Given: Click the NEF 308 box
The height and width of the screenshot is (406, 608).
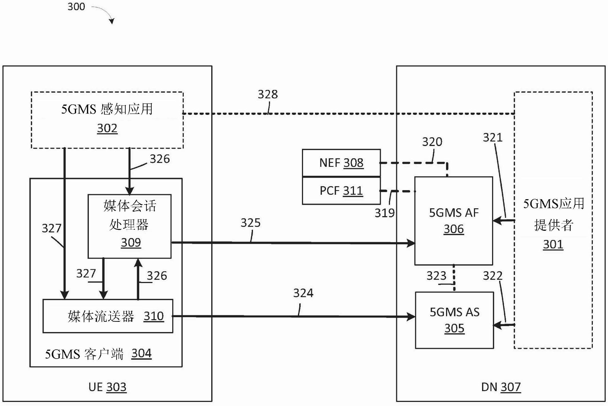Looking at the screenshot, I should pos(341,163).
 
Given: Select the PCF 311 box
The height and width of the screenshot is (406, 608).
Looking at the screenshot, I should pos(341,191).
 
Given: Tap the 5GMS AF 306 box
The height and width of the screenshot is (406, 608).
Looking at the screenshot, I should pos(454,221).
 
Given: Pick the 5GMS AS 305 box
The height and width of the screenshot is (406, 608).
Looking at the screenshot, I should pos(454,320).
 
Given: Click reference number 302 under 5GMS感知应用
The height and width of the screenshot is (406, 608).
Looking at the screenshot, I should pos(107,128).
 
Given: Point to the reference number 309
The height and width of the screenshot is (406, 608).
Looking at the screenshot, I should pos(131,242).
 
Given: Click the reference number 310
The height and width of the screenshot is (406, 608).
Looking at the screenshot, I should pos(154,316).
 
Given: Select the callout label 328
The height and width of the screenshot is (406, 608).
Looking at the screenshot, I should pos(268,94).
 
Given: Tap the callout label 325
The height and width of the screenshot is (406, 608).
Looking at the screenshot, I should pos(251,223).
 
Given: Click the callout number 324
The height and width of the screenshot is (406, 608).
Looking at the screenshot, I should pos(303,293).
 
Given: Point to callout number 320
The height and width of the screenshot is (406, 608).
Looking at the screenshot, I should pos(432,142).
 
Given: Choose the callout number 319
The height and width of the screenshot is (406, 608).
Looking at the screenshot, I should pos(385,213).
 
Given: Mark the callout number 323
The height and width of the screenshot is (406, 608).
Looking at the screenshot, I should pos(436,276).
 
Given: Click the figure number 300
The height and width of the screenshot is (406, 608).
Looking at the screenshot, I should pos(76,7).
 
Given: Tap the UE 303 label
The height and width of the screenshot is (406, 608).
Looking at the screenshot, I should pos(107,387).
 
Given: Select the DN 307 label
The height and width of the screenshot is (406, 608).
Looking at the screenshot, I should pos(501,387).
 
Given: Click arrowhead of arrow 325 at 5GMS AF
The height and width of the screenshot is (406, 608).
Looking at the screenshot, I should pos(412,243).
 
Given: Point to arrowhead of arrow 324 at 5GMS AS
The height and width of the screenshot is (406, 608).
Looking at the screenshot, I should pos(412,316).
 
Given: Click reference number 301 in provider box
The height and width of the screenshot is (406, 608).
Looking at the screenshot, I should pos(553,244).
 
